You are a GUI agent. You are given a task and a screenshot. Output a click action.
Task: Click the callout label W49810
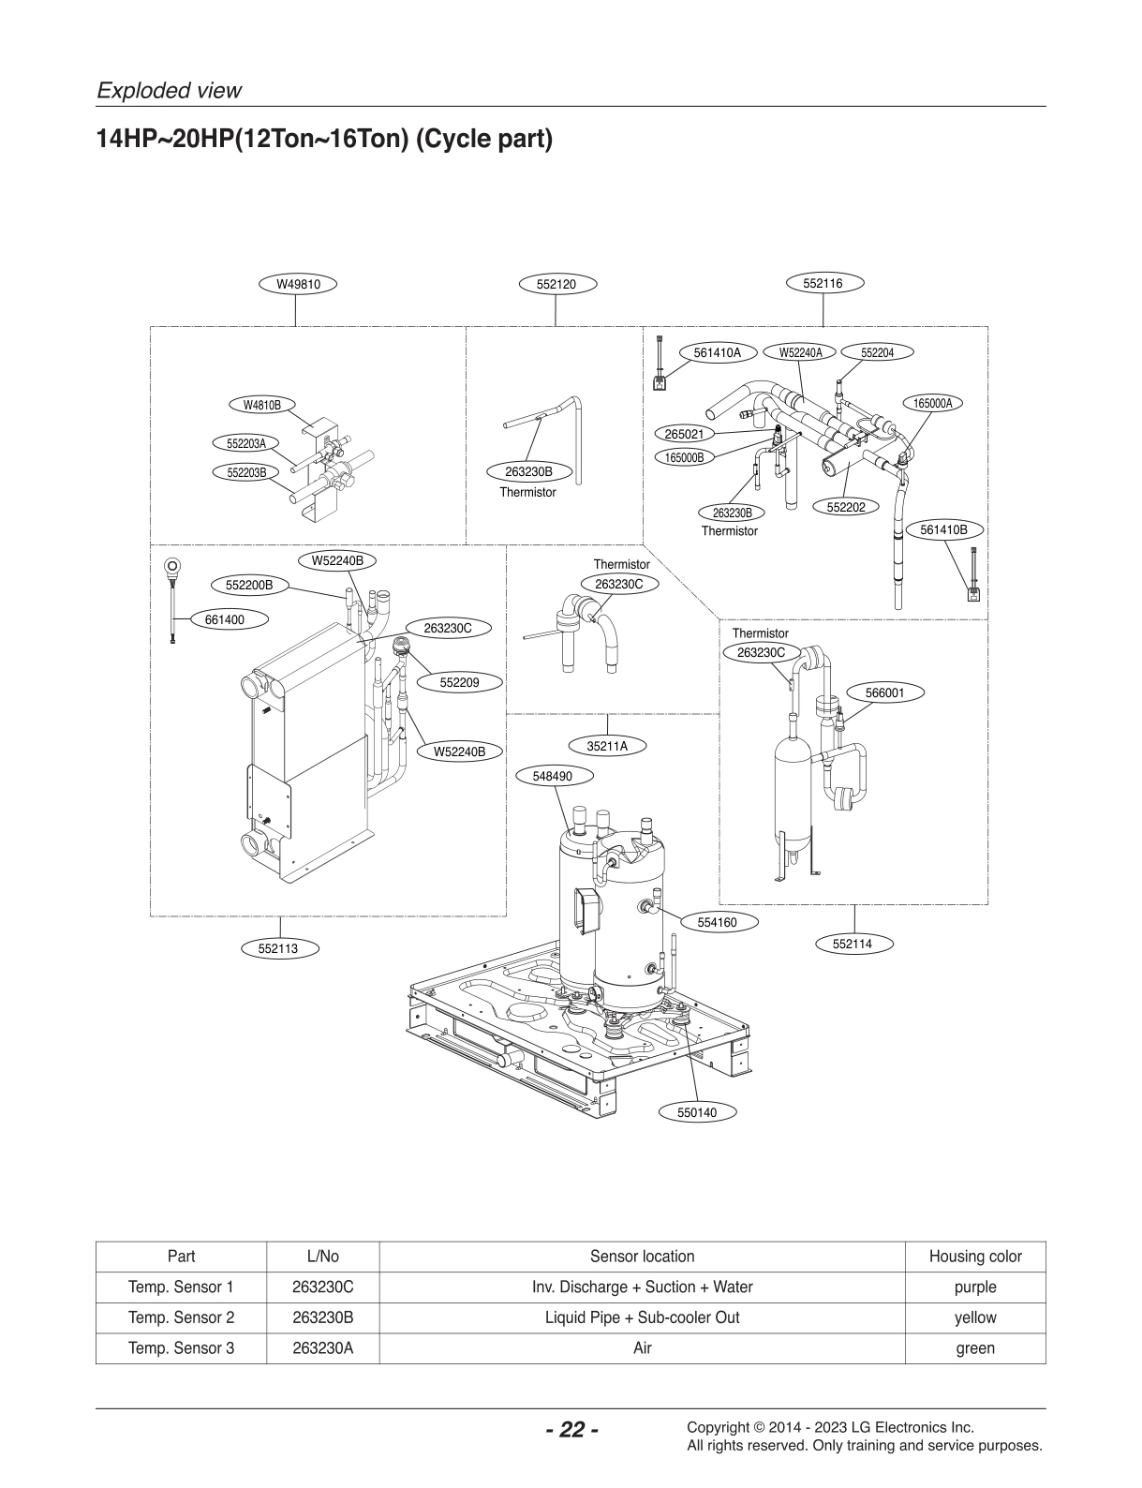[297, 284]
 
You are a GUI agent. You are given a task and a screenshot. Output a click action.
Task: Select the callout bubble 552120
[556, 284]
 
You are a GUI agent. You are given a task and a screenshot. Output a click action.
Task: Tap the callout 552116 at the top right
[823, 283]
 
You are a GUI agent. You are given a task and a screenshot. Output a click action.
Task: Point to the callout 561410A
[717, 352]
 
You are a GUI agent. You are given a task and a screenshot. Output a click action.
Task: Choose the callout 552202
[846, 507]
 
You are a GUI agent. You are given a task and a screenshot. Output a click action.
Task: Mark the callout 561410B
[942, 529]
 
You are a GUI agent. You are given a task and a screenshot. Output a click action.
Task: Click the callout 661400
[224, 619]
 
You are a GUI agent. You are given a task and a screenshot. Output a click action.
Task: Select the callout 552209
[459, 683]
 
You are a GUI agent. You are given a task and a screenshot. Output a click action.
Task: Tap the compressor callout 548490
[552, 776]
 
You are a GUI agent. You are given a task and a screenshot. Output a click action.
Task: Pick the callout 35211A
[607, 746]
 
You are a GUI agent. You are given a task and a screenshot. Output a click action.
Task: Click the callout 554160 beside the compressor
[717, 922]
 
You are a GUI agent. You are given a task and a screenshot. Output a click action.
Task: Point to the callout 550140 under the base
[696, 1112]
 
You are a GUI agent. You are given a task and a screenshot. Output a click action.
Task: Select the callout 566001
[884, 692]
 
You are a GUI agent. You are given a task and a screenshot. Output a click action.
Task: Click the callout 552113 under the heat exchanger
[278, 948]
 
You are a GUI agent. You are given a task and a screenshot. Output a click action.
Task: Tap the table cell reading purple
[974, 1287]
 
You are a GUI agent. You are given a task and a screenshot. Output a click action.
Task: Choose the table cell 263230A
[322, 1348]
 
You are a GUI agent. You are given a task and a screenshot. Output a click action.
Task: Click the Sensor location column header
[642, 1257]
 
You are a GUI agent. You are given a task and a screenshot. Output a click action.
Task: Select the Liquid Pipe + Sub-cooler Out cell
[642, 1317]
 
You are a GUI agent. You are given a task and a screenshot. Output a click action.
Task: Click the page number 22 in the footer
[571, 1430]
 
